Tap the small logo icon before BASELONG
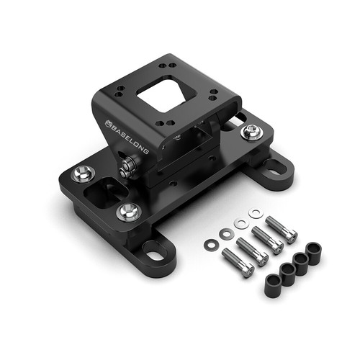108,123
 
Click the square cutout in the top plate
163,94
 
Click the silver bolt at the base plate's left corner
83,174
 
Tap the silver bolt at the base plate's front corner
129,212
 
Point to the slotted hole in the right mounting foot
276,167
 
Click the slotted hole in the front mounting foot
156,254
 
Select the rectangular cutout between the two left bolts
105,192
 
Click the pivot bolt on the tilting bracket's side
129,166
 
